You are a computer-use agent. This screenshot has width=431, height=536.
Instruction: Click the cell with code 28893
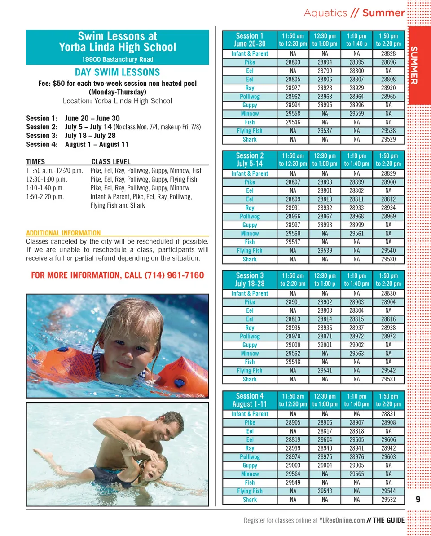point(293,62)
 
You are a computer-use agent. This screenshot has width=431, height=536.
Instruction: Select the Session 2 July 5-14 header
point(250,159)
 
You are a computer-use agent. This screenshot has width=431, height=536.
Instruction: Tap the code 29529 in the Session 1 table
point(388,140)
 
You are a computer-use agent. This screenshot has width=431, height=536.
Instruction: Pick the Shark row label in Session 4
point(250,500)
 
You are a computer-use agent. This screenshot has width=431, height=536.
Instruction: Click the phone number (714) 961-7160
point(174,275)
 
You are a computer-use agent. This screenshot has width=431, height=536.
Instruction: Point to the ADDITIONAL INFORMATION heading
point(63,233)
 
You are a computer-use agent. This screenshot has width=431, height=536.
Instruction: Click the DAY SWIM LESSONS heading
point(117,72)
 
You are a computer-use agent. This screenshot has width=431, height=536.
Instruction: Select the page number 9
point(418,499)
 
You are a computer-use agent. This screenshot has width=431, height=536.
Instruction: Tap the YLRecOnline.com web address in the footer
point(342,521)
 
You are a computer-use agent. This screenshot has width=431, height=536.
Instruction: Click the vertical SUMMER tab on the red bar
point(414,65)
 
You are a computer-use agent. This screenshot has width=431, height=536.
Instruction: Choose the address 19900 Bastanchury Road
point(117,59)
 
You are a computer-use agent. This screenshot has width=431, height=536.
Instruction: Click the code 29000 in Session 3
point(293,345)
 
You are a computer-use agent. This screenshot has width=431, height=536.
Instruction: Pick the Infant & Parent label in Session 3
point(250,293)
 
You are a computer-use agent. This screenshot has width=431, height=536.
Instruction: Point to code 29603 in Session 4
point(388,457)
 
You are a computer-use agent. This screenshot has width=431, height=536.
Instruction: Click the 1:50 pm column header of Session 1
point(388,40)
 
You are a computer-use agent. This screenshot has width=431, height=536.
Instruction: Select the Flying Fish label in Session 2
point(250,251)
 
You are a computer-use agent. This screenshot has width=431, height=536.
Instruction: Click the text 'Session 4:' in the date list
point(42,144)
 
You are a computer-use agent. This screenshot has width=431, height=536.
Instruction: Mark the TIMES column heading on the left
point(35,162)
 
